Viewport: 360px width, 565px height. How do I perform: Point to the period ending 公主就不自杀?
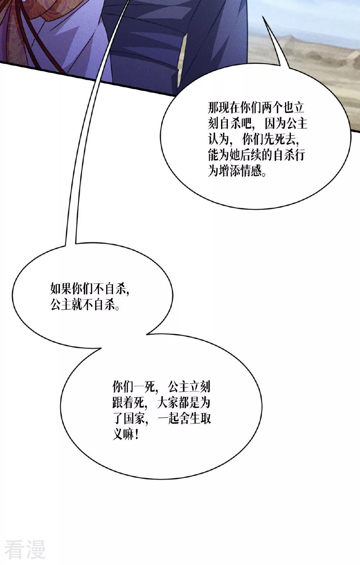pos(117,308)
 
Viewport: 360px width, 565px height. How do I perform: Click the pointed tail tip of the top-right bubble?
pos(263,17)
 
